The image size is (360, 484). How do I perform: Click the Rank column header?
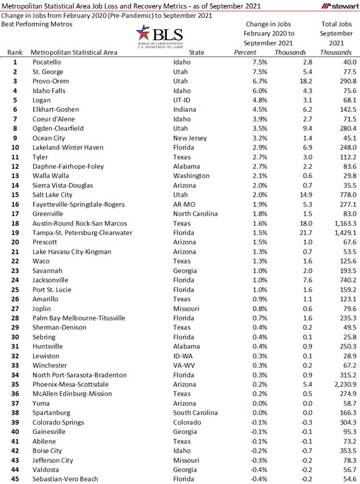click(15, 52)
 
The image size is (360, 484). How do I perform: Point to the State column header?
click(197, 52)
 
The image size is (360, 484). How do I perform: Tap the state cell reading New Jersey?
click(192, 138)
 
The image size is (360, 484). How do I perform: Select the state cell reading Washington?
click(191, 176)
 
